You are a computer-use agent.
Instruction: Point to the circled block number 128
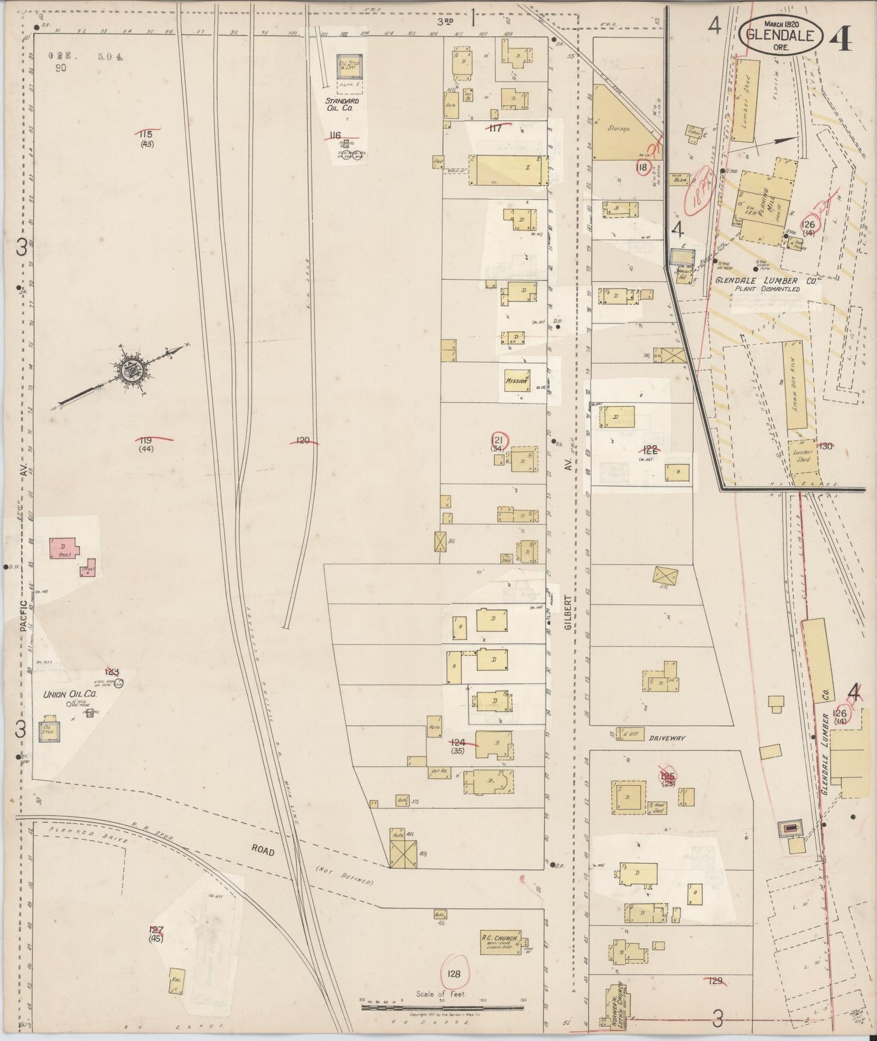click(x=454, y=974)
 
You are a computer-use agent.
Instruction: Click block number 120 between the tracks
click(x=303, y=441)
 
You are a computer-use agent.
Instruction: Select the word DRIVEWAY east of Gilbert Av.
click(x=666, y=738)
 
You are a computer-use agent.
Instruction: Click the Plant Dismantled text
click(x=767, y=289)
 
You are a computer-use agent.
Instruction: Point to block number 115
click(x=144, y=134)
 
